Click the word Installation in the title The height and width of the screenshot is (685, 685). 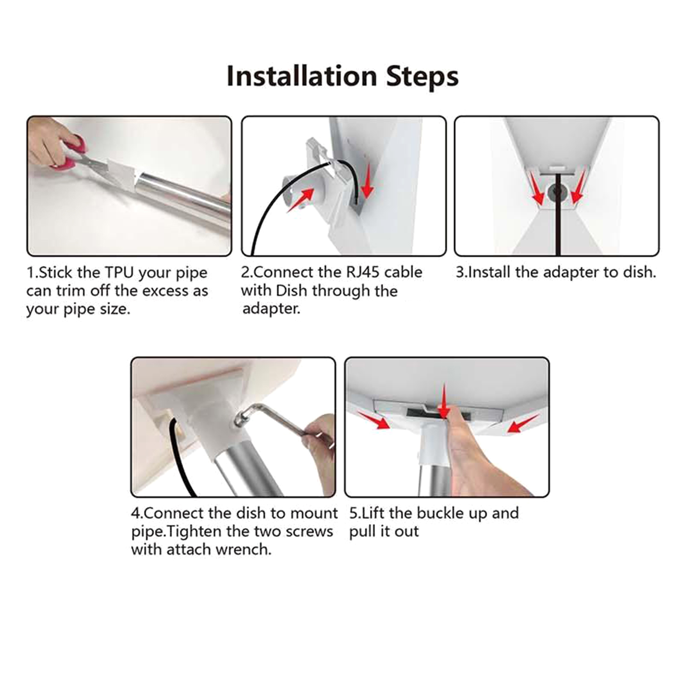click(301, 76)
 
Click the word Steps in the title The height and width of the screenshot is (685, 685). click(423, 77)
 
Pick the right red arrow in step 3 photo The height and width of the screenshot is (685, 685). click(578, 186)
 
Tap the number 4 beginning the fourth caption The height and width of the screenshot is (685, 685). click(135, 513)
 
